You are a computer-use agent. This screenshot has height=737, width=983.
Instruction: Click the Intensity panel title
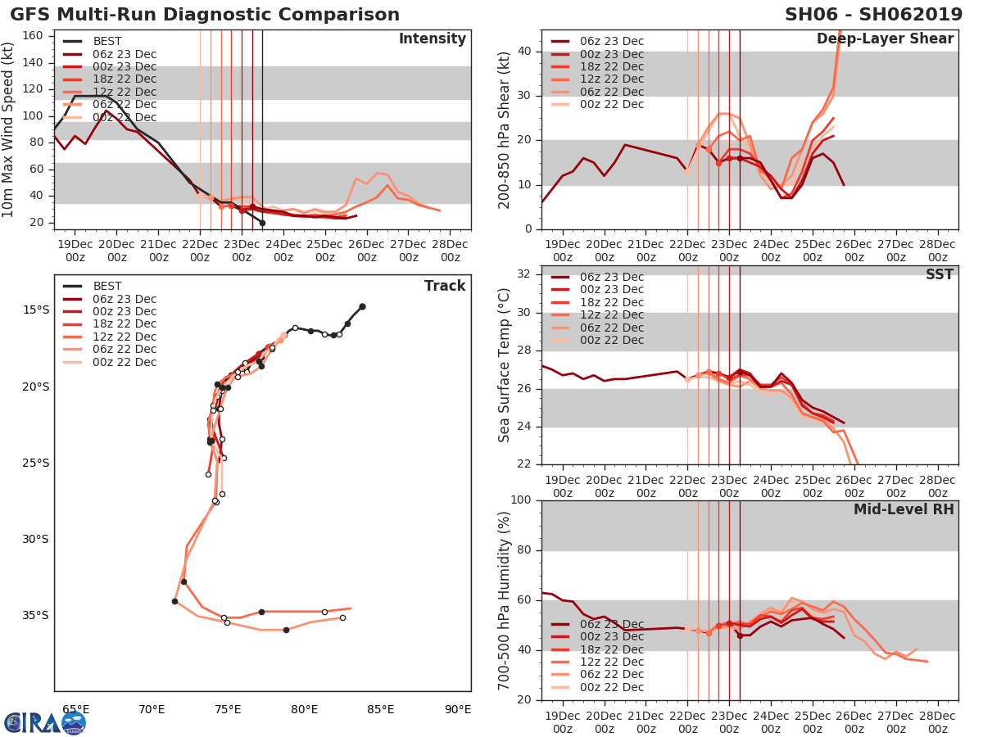(x=432, y=39)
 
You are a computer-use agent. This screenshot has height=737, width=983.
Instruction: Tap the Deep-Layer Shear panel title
(x=885, y=39)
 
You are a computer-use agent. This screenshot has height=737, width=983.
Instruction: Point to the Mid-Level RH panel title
(x=904, y=509)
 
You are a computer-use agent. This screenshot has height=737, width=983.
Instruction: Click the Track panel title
(x=445, y=286)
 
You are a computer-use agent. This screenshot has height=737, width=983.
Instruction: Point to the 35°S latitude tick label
(x=35, y=616)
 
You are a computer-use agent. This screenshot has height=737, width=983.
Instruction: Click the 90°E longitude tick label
(x=456, y=709)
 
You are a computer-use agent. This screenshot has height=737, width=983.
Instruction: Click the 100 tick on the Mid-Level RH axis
(x=521, y=500)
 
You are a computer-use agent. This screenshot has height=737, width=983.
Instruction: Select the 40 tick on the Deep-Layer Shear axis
(x=523, y=52)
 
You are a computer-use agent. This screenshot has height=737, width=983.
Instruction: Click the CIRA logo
(x=45, y=722)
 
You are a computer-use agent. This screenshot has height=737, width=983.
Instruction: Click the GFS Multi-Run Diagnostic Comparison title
(x=205, y=15)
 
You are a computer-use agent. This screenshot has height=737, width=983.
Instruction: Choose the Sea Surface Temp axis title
(x=505, y=364)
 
